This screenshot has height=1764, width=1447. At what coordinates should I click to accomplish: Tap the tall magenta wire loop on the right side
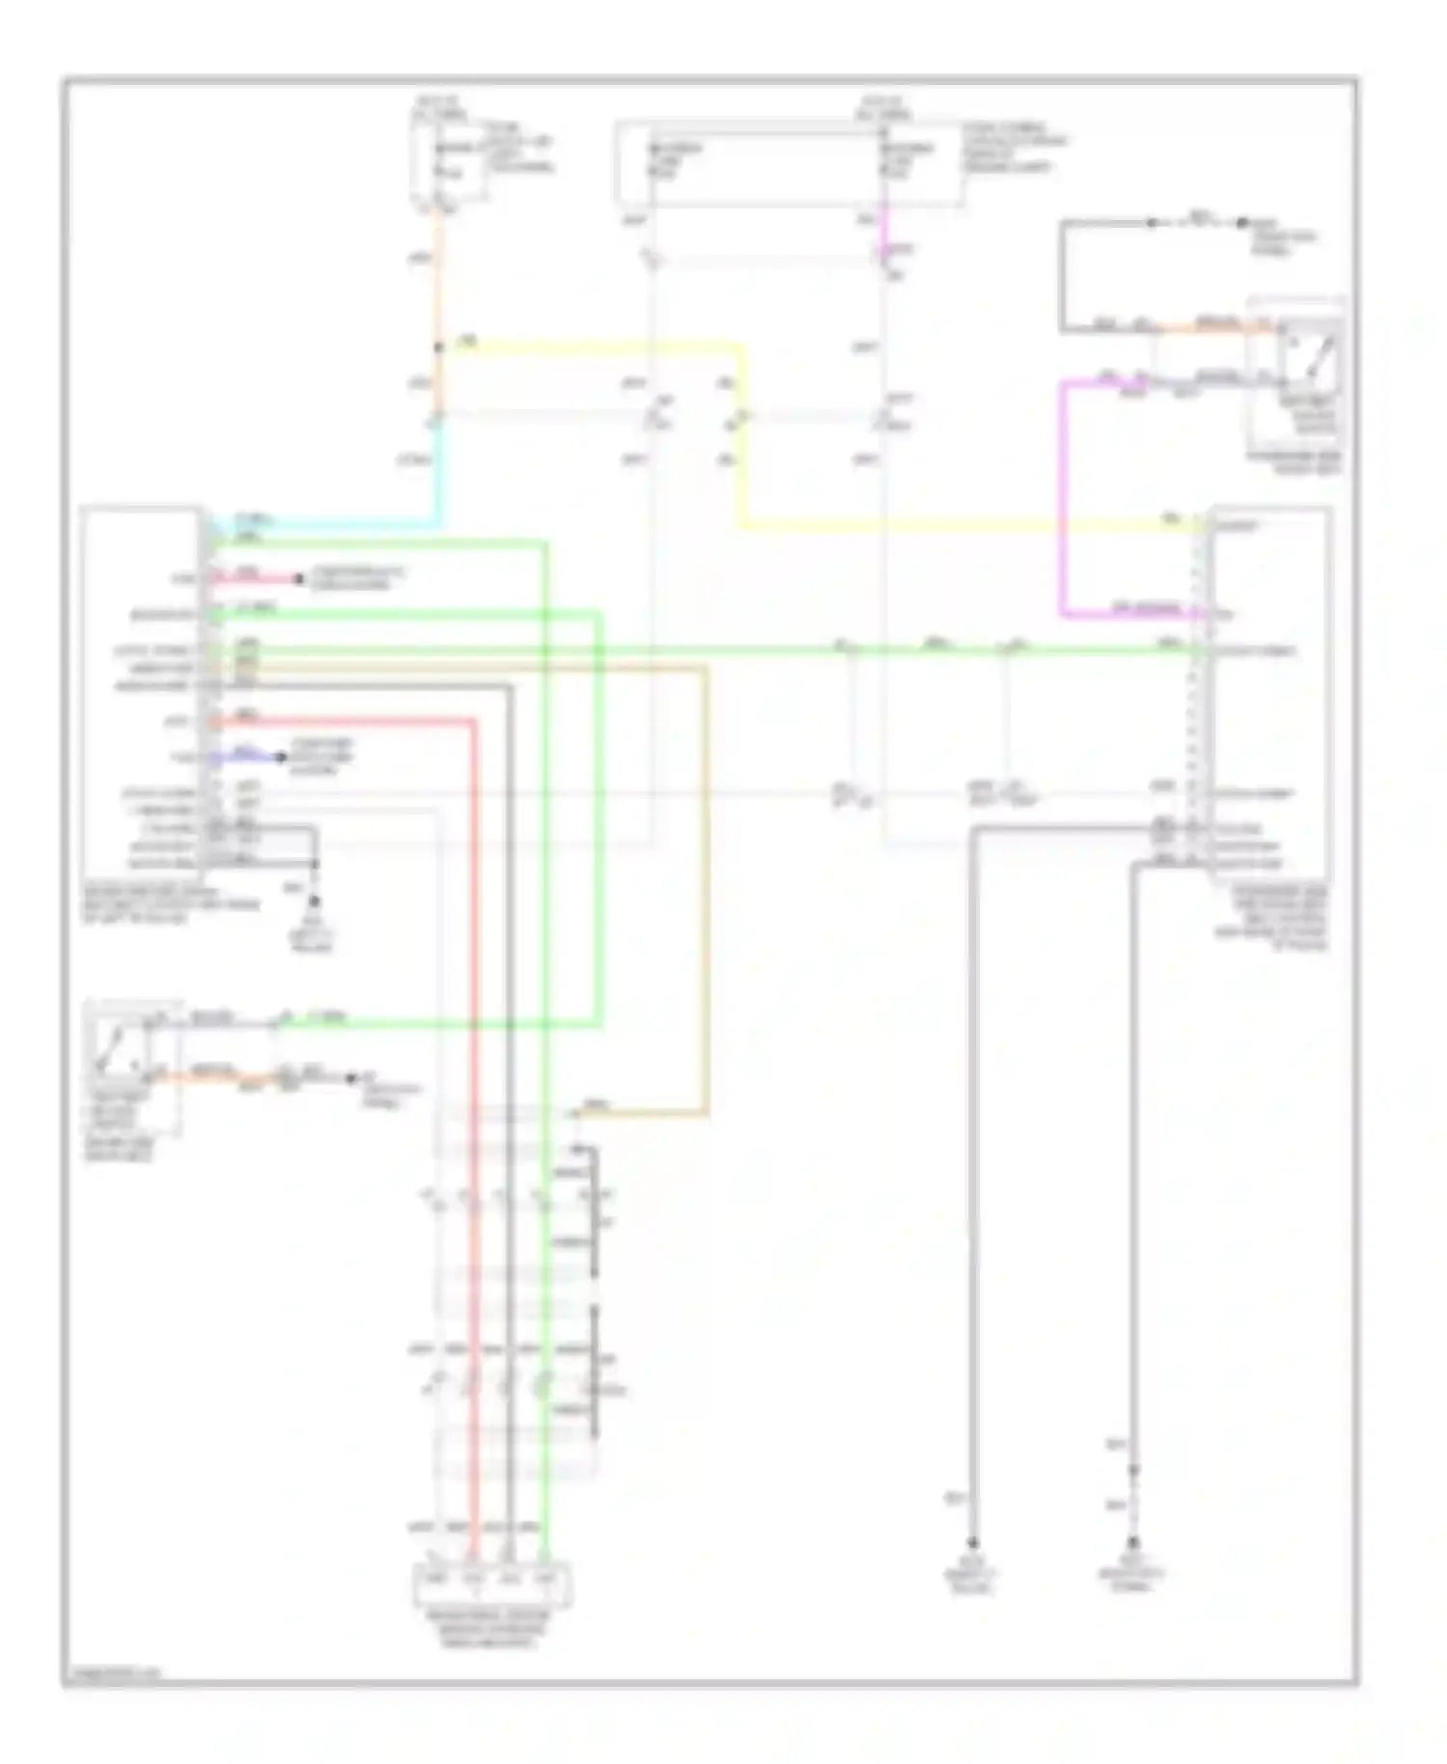click(1063, 502)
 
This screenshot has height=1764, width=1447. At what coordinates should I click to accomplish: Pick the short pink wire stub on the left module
click(260, 580)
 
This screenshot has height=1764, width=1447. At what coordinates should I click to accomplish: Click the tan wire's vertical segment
click(706, 888)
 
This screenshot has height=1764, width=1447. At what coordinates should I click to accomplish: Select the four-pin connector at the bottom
click(491, 1583)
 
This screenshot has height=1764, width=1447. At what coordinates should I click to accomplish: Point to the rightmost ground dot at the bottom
click(1134, 1542)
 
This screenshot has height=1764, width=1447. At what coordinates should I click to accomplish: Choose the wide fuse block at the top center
click(788, 164)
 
